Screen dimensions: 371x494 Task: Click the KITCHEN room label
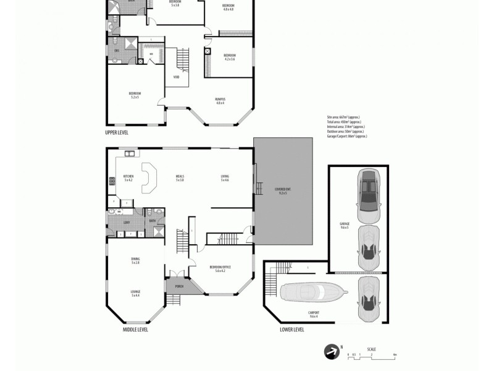click(128, 176)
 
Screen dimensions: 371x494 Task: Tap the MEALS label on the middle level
click(180, 176)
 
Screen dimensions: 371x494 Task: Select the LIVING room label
click(225, 176)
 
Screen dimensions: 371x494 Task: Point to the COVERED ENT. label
click(283, 189)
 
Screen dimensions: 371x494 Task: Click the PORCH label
click(179, 286)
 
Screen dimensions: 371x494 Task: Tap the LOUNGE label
click(135, 291)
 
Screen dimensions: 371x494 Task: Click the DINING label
click(135, 258)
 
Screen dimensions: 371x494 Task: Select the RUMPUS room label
click(220, 99)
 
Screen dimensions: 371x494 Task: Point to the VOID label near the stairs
click(176, 77)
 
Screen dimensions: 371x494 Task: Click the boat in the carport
click(310, 292)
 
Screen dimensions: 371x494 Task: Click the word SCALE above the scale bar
click(371, 349)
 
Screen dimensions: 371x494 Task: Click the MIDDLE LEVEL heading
click(135, 330)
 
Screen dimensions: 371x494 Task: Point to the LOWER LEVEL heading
click(291, 330)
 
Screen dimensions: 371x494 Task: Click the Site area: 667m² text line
click(343, 117)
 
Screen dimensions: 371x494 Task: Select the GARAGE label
click(344, 223)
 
